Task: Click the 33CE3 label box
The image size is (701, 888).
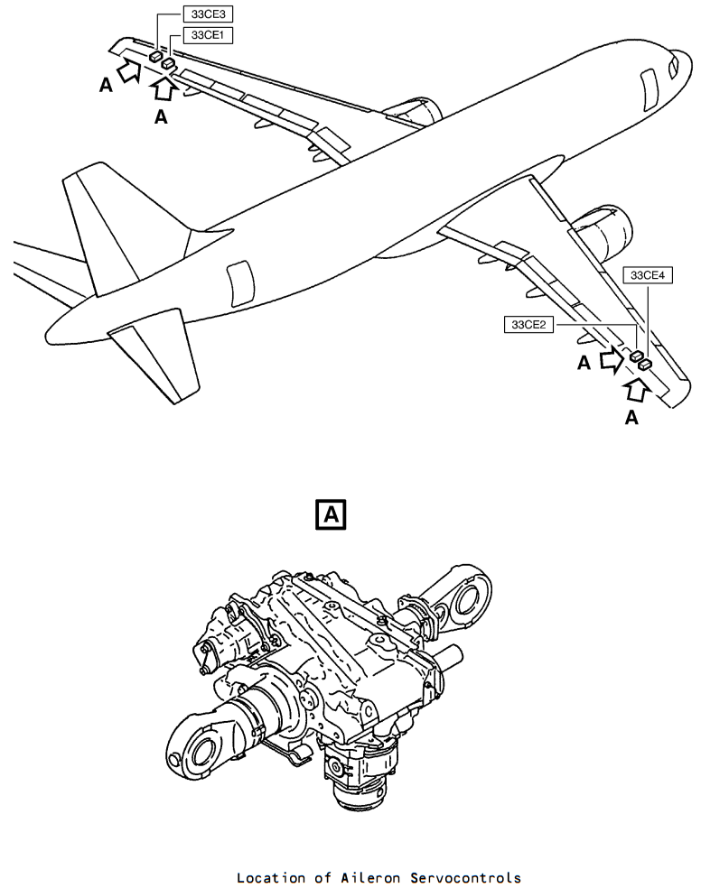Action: tap(208, 14)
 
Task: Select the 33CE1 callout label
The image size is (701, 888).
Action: tap(208, 35)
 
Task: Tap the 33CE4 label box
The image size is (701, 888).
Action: tap(647, 275)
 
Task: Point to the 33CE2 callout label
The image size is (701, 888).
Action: tap(528, 325)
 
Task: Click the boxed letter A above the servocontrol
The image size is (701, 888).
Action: tap(331, 514)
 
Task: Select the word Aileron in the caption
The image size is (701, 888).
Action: tap(370, 877)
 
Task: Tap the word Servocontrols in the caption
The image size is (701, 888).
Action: tap(465, 877)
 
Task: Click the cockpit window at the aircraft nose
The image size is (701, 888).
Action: tap(673, 66)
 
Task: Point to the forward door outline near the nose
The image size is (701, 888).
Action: tap(650, 90)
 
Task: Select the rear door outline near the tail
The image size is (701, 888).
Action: tap(240, 284)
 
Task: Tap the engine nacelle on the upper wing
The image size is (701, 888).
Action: tap(416, 111)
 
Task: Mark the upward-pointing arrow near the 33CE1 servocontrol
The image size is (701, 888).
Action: tap(165, 89)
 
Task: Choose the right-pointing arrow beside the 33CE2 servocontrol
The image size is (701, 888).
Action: tap(612, 360)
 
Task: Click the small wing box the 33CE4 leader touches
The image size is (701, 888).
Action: tap(645, 365)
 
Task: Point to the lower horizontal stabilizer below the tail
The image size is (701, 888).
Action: tap(157, 353)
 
